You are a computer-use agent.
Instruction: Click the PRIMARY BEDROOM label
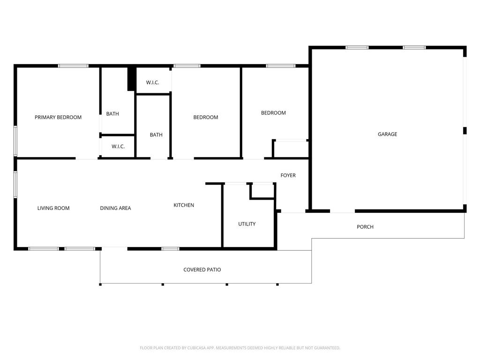tap(58, 117)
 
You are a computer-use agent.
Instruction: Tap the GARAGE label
tap(387, 134)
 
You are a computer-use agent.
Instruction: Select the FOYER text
tap(288, 175)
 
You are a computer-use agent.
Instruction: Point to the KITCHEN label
tap(184, 205)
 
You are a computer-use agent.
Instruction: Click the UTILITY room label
tap(247, 224)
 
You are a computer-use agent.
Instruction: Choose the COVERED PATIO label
tap(202, 270)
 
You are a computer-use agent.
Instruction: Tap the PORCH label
tap(365, 227)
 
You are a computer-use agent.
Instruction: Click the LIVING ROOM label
tap(53, 208)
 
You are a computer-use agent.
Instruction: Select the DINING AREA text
tap(115, 208)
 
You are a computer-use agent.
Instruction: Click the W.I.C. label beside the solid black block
tap(152, 82)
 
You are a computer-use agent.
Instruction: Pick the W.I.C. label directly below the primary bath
tap(118, 146)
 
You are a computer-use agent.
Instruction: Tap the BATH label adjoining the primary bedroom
tap(112, 113)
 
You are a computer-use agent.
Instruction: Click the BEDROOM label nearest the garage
tap(273, 113)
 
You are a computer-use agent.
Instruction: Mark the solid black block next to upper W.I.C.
tap(132, 79)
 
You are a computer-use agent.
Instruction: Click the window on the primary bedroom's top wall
tap(73, 66)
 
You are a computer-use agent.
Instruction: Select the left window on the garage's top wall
tap(357, 47)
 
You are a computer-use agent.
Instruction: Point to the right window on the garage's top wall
tap(414, 47)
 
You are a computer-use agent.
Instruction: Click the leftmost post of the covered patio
tap(100, 284)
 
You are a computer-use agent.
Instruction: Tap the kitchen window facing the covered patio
tap(170, 248)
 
